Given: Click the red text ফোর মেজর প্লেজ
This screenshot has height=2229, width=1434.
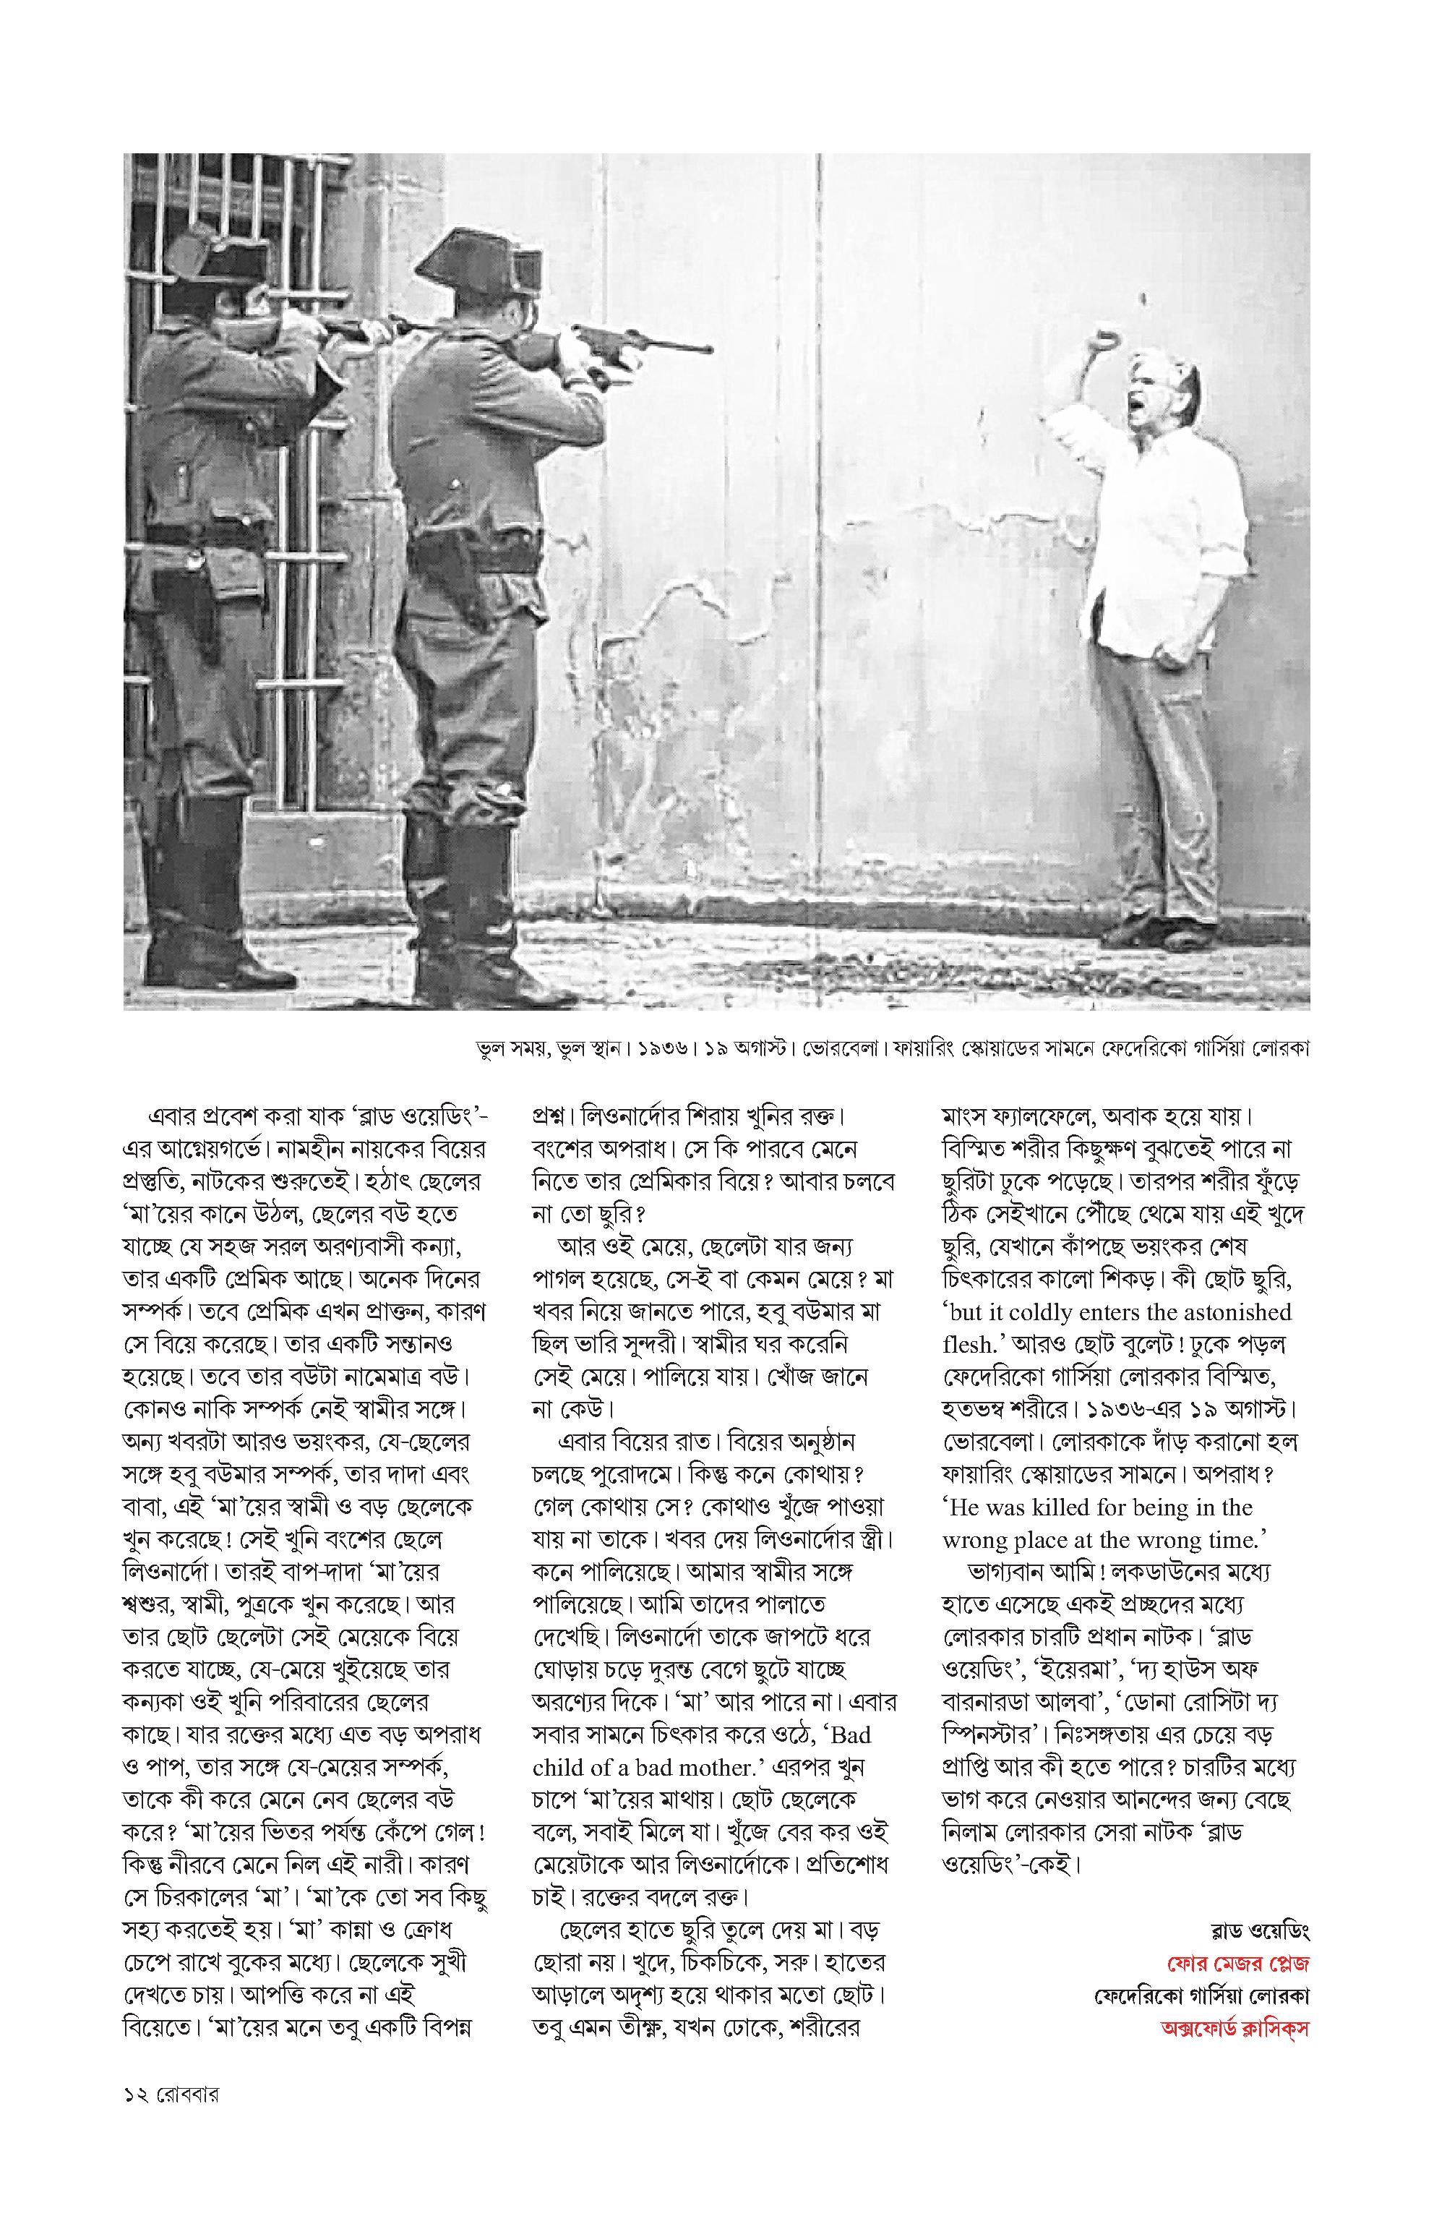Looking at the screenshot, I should pyautogui.click(x=1237, y=1964).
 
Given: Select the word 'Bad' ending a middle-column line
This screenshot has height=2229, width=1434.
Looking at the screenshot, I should pyautogui.click(x=851, y=1735).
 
